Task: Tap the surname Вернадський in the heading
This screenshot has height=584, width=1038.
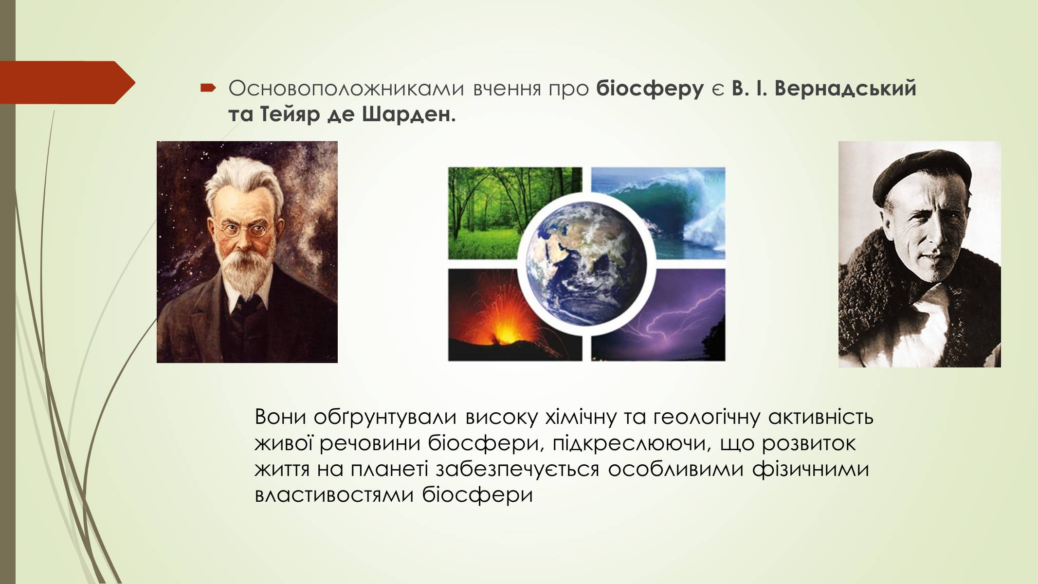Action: [845, 89]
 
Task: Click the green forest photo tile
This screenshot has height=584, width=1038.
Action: [514, 213]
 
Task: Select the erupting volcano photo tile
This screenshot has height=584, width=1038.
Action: [514, 315]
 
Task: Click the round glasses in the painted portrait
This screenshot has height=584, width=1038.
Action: [243, 229]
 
